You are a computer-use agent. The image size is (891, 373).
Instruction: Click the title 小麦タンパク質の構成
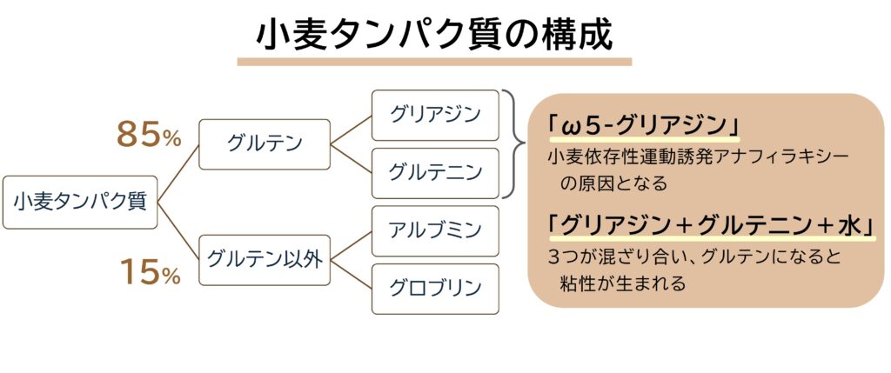(434, 37)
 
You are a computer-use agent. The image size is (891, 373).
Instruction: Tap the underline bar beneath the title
(434, 62)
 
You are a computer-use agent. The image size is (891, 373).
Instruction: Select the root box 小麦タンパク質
(80, 202)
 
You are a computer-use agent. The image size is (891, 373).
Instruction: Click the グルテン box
(265, 144)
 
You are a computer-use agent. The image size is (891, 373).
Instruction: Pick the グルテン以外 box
(265, 260)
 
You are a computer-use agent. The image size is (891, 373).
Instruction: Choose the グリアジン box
(435, 116)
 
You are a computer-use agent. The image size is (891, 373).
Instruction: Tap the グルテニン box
(435, 173)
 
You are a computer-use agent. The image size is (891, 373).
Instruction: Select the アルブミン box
(435, 231)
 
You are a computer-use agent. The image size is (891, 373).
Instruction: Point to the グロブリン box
(435, 289)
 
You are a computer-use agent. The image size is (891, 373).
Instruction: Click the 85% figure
(149, 136)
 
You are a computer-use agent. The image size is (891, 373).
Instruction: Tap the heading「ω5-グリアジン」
(645, 126)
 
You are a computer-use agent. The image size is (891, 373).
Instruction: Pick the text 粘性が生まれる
(622, 283)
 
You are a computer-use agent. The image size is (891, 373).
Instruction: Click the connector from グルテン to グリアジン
(352, 130)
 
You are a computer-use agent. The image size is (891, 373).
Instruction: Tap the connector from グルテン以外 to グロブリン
(352, 274)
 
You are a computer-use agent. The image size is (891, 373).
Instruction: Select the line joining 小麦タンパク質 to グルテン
(178, 173)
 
